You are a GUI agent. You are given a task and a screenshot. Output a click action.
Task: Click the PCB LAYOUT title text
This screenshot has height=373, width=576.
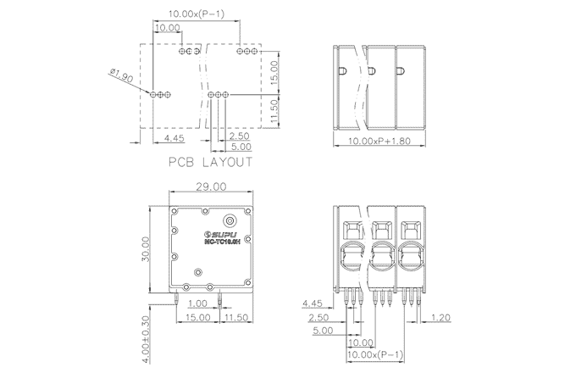coord(210,162)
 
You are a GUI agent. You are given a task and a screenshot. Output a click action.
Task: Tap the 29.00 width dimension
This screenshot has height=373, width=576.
coord(209,186)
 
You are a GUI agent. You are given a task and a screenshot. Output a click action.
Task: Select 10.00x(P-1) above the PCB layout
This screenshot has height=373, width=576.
coord(197,14)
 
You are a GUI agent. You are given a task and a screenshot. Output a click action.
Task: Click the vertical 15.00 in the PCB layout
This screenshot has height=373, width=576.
coord(274,71)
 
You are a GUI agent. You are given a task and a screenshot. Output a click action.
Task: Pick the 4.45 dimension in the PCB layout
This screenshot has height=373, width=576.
coord(174,136)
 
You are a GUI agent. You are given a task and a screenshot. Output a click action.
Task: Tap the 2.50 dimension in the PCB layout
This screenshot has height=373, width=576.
coord(238,136)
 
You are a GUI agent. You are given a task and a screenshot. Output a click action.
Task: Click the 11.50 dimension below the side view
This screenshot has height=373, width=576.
coord(236,316)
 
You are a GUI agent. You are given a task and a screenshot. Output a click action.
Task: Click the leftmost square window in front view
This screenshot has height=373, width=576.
coord(352,227)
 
